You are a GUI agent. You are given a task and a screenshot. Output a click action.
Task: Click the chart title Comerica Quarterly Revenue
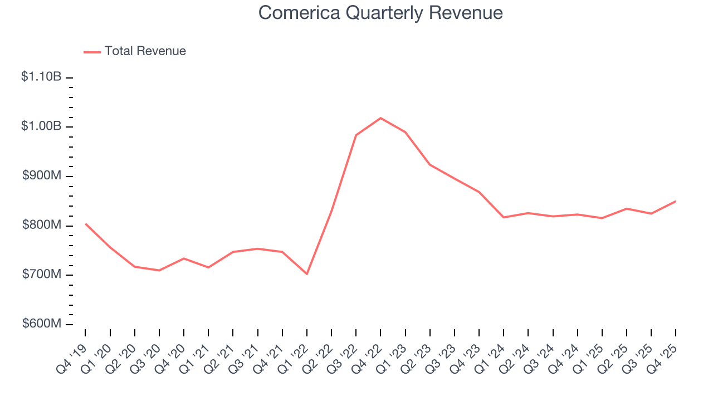tap(380, 13)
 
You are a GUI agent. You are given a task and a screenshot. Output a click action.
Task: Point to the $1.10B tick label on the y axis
tap(41, 77)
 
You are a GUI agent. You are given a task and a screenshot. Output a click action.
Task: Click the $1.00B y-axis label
tap(41, 126)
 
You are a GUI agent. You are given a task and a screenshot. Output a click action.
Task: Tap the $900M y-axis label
tap(42, 175)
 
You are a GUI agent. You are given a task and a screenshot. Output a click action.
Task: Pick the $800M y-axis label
tap(42, 225)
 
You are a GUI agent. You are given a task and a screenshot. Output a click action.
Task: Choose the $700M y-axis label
tap(42, 275)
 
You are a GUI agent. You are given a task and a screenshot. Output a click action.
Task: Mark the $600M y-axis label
tap(42, 324)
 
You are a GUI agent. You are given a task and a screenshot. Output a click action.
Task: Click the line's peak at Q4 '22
tap(380, 118)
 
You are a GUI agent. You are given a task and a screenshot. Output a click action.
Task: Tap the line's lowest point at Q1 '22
tap(306, 274)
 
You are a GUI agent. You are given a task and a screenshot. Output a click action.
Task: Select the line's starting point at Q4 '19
tap(85, 224)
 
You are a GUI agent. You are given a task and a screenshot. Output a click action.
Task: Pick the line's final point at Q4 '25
tap(676, 201)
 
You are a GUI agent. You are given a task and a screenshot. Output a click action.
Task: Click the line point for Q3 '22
tap(356, 135)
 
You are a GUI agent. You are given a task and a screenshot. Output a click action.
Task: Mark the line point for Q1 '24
tap(504, 217)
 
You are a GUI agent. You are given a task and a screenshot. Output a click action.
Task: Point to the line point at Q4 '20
tap(184, 258)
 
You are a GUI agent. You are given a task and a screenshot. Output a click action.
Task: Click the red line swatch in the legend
tap(92, 52)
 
